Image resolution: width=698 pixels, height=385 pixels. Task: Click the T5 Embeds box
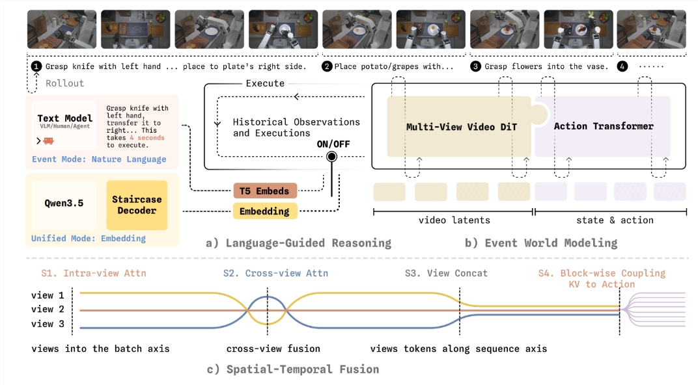click(265, 191)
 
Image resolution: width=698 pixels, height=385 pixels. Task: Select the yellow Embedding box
click(265, 211)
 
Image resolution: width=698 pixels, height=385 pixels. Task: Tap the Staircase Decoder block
click(137, 205)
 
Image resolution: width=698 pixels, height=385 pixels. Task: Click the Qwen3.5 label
click(64, 203)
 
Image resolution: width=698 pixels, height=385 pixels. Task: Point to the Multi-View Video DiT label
click(461, 127)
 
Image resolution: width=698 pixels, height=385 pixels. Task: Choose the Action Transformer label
click(603, 126)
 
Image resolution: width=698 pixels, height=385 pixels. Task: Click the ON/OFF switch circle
click(331, 157)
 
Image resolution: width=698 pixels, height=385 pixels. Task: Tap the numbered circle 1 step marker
click(36, 67)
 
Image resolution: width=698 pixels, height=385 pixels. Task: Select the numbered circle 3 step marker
click(475, 67)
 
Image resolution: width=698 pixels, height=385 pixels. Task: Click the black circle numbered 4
click(622, 67)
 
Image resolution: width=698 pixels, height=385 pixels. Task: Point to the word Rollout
click(64, 83)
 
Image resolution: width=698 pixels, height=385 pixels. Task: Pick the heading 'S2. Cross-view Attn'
click(275, 273)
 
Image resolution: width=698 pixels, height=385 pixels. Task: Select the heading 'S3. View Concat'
click(446, 273)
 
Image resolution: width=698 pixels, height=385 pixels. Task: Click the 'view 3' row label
click(48, 324)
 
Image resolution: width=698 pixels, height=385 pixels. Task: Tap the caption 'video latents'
click(454, 220)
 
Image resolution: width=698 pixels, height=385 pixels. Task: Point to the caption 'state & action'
click(615, 220)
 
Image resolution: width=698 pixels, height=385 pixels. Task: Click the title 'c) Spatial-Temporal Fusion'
click(293, 369)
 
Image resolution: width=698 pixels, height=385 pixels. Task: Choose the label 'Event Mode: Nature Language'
click(99, 159)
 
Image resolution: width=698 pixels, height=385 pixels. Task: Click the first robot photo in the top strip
click(62, 29)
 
